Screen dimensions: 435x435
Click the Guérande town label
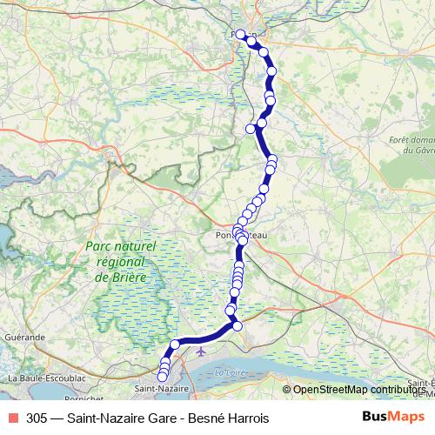tap(26, 335)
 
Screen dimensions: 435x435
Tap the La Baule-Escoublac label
tap(46, 378)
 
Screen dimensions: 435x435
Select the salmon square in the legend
tap(13, 418)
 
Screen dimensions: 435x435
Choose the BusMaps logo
tap(394, 417)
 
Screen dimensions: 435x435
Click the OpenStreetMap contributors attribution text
tap(358, 390)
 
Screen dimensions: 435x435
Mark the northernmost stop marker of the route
tap(241, 35)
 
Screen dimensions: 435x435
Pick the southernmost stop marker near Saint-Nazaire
tap(163, 376)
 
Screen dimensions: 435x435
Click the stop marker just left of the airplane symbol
tap(175, 345)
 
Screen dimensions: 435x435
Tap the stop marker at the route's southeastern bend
tap(237, 326)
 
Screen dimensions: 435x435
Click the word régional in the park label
tap(120, 261)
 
